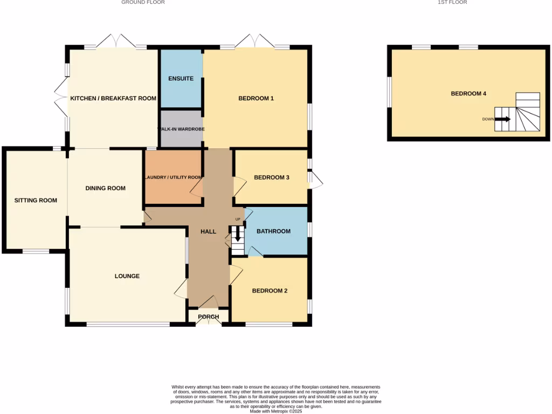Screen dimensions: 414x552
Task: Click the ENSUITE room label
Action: pos(181,79)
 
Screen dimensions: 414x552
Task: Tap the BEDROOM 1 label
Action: pos(256,98)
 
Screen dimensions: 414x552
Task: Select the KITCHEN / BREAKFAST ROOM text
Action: pos(113,98)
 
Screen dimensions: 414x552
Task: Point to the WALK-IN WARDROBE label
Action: pos(181,129)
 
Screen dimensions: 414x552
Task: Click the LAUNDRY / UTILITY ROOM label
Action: pos(172,177)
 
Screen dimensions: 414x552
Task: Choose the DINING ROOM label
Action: pos(105,188)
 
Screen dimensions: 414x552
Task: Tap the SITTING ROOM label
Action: pos(36,201)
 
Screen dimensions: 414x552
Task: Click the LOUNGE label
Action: pos(127,276)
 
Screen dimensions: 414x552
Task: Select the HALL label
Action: pos(208,232)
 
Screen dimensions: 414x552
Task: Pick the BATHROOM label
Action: pos(273,231)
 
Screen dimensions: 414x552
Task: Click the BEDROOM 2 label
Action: pos(270,291)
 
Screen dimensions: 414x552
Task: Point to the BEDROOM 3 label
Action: pos(272,177)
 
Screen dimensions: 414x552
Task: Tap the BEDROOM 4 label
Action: pos(468,94)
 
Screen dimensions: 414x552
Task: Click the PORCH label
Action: pos(208,316)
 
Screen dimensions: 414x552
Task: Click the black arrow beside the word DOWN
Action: pos(502,119)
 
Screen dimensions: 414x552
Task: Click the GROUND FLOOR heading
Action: pos(143,3)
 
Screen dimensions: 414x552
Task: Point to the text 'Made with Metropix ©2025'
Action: pos(275,411)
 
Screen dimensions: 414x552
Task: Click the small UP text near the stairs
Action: pos(237,219)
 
